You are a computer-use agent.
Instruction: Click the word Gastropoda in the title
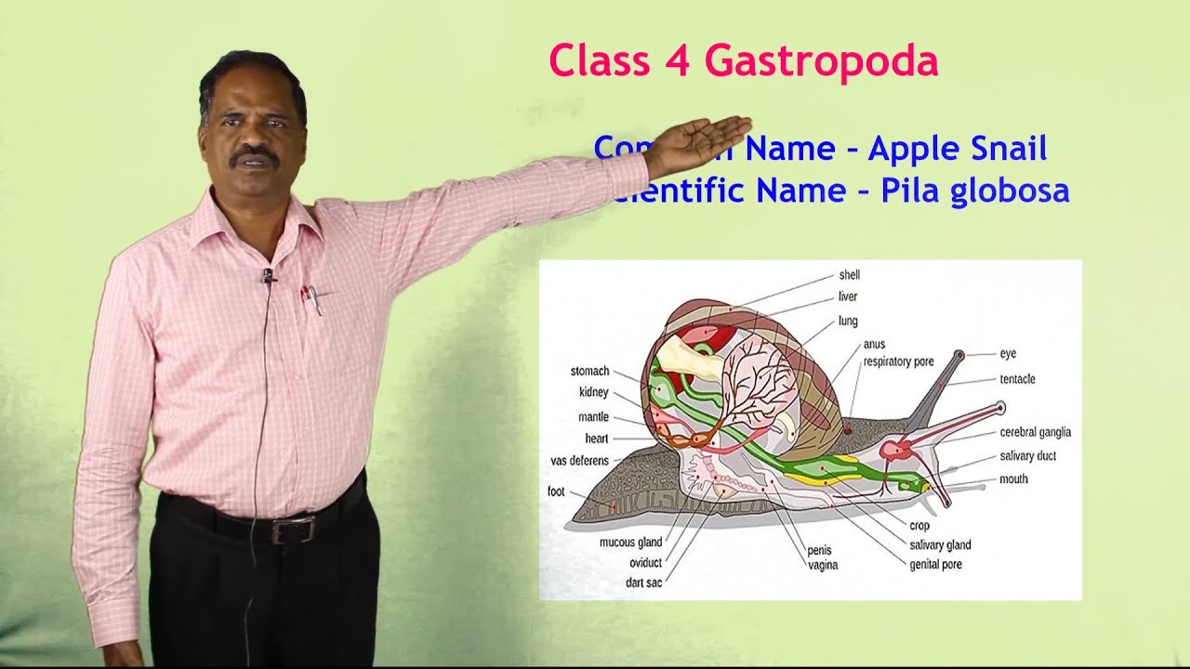pos(821,62)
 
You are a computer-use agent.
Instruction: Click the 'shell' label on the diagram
pos(849,275)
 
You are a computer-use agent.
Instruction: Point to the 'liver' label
pos(847,297)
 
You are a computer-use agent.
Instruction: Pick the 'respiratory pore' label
pos(898,361)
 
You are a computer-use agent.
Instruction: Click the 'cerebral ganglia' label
pos(1035,432)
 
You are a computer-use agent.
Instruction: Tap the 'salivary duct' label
pos(1027,456)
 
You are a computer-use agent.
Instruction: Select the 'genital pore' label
pos(935,564)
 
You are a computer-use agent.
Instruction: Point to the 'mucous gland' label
pos(630,543)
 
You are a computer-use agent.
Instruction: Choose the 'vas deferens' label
pos(579,461)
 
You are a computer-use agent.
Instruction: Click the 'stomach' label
pos(589,372)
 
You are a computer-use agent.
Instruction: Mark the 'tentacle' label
pos(1017,379)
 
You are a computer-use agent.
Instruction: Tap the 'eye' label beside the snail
pos(1008,354)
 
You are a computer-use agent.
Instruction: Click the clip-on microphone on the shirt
pos(268,275)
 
